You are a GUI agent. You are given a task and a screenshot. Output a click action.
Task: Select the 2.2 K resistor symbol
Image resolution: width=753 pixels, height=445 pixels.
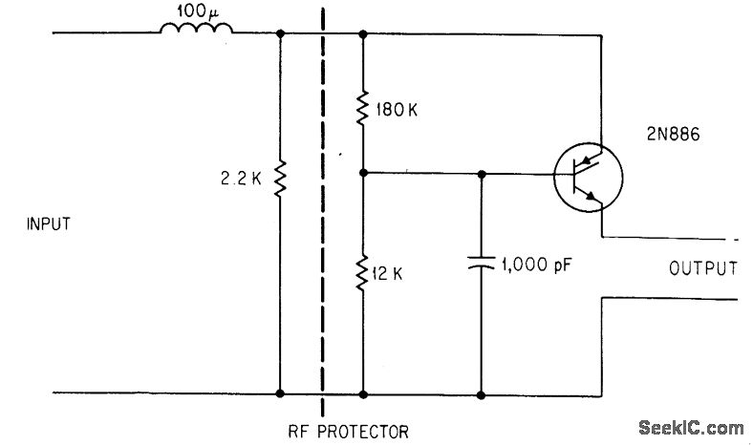[x=280, y=178]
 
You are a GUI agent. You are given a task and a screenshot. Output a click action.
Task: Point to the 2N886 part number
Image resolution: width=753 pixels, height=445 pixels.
[x=665, y=136]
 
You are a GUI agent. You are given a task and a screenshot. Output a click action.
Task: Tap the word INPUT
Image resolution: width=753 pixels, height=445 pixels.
[x=50, y=225]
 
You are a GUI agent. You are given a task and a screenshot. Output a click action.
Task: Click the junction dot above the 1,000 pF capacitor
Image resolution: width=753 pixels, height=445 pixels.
[x=481, y=175]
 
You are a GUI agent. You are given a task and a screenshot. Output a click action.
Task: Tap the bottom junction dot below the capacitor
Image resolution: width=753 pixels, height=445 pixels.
[x=481, y=392]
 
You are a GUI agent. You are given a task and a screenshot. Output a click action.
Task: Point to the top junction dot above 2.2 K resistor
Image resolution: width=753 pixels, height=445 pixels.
[x=280, y=32]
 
